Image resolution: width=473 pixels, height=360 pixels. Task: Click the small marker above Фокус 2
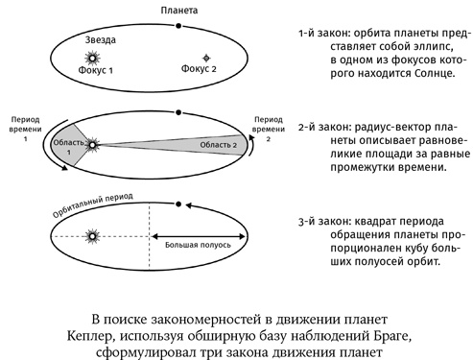202,58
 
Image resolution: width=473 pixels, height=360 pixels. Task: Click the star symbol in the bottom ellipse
93,235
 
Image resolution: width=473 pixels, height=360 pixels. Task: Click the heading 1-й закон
321,34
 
